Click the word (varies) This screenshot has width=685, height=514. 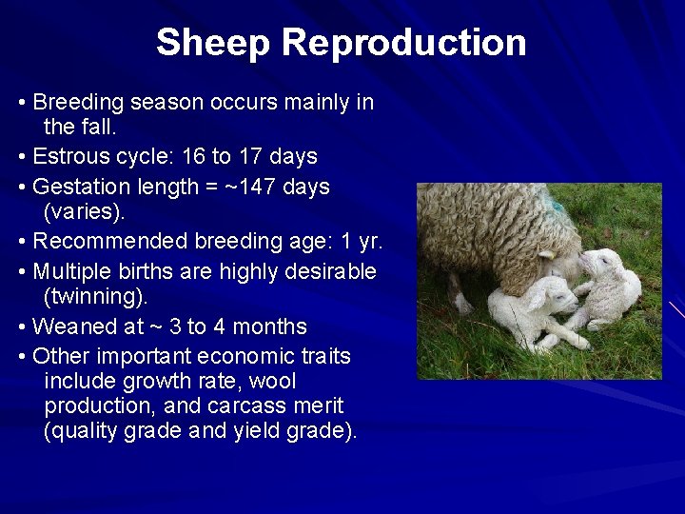click(x=90, y=211)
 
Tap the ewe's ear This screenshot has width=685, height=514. click(x=547, y=255)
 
